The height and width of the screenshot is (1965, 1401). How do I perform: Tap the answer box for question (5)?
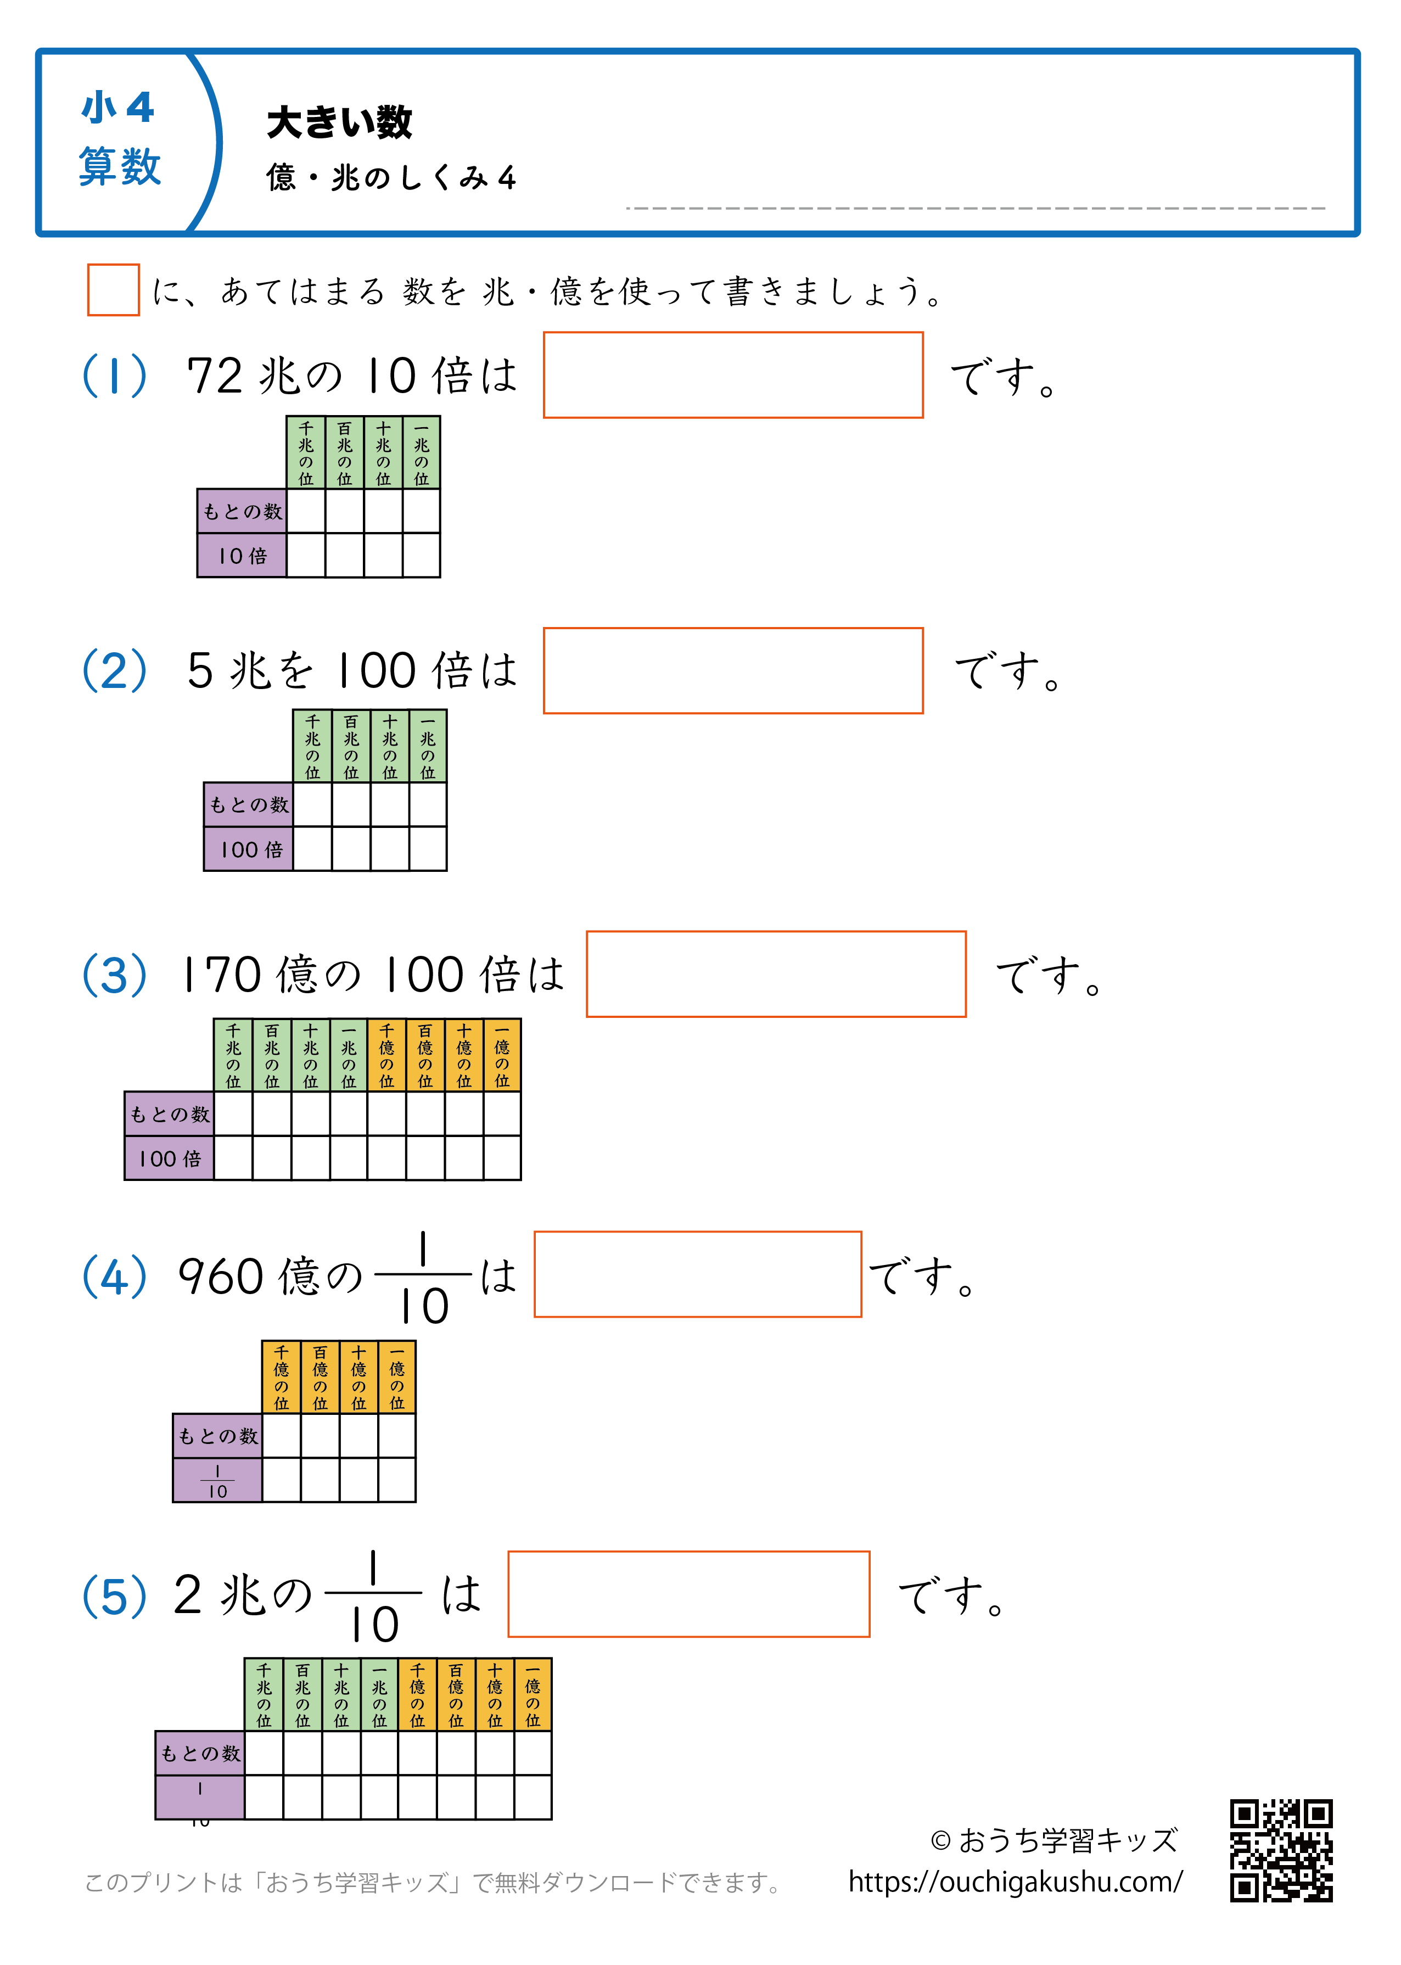[x=688, y=1593]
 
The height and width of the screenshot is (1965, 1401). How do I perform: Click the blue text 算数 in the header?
[x=120, y=166]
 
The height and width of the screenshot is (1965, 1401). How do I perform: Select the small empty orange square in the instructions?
[x=113, y=290]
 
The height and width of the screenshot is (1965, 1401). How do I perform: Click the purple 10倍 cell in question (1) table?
[x=242, y=556]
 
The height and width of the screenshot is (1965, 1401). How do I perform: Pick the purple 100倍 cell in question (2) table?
[x=249, y=849]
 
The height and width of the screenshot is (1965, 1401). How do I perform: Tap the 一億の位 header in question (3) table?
[x=502, y=1055]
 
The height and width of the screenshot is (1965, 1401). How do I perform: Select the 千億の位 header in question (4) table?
[x=281, y=1376]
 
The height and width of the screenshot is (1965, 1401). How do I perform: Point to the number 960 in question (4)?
[x=220, y=1277]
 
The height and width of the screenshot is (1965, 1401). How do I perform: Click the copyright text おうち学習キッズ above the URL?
[x=1053, y=1839]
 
